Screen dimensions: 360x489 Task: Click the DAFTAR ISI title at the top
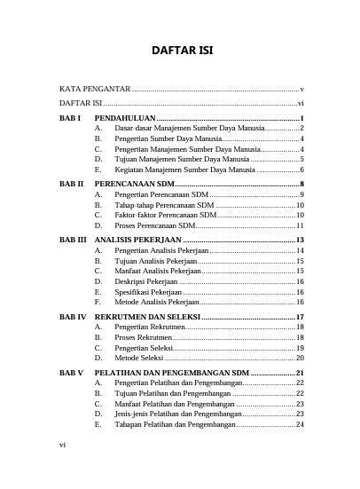(x=180, y=51)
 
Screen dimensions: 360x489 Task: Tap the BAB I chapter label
(x=70, y=118)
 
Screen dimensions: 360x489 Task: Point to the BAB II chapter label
(x=71, y=183)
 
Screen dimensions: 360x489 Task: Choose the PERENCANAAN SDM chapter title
(x=133, y=183)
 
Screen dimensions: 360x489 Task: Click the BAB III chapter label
(x=73, y=241)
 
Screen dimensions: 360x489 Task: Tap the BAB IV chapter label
(x=73, y=317)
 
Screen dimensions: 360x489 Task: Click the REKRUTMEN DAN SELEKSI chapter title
(x=147, y=317)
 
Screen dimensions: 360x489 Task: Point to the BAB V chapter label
(x=71, y=373)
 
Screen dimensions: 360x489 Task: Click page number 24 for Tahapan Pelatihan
(x=301, y=424)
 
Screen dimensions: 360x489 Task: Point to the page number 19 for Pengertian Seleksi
(x=301, y=349)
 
